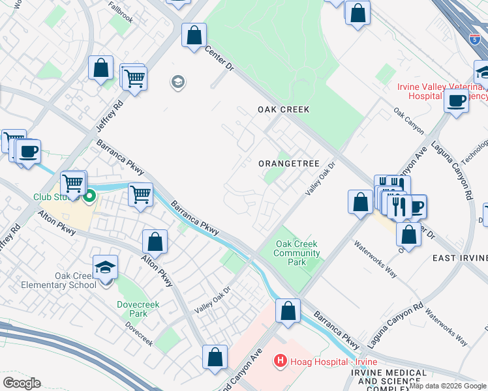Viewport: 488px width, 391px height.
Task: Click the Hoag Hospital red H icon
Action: [280, 360]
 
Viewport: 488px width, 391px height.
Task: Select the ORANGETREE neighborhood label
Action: [289, 164]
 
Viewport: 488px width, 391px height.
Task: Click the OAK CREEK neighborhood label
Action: [282, 109]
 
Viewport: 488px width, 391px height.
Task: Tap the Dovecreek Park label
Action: [133, 308]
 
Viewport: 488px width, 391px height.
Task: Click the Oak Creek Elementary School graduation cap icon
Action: [105, 268]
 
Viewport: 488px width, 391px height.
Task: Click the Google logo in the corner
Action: [22, 383]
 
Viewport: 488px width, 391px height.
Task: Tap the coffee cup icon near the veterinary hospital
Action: [456, 101]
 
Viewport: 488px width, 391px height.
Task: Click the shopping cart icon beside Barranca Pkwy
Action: [141, 194]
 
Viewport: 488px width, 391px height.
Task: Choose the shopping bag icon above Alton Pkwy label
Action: [155, 242]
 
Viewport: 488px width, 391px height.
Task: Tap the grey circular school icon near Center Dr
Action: [177, 82]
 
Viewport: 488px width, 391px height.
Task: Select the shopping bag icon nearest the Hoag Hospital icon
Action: [288, 311]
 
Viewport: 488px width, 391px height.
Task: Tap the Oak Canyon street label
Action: [408, 121]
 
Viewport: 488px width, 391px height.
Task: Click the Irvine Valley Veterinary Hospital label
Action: [442, 91]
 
